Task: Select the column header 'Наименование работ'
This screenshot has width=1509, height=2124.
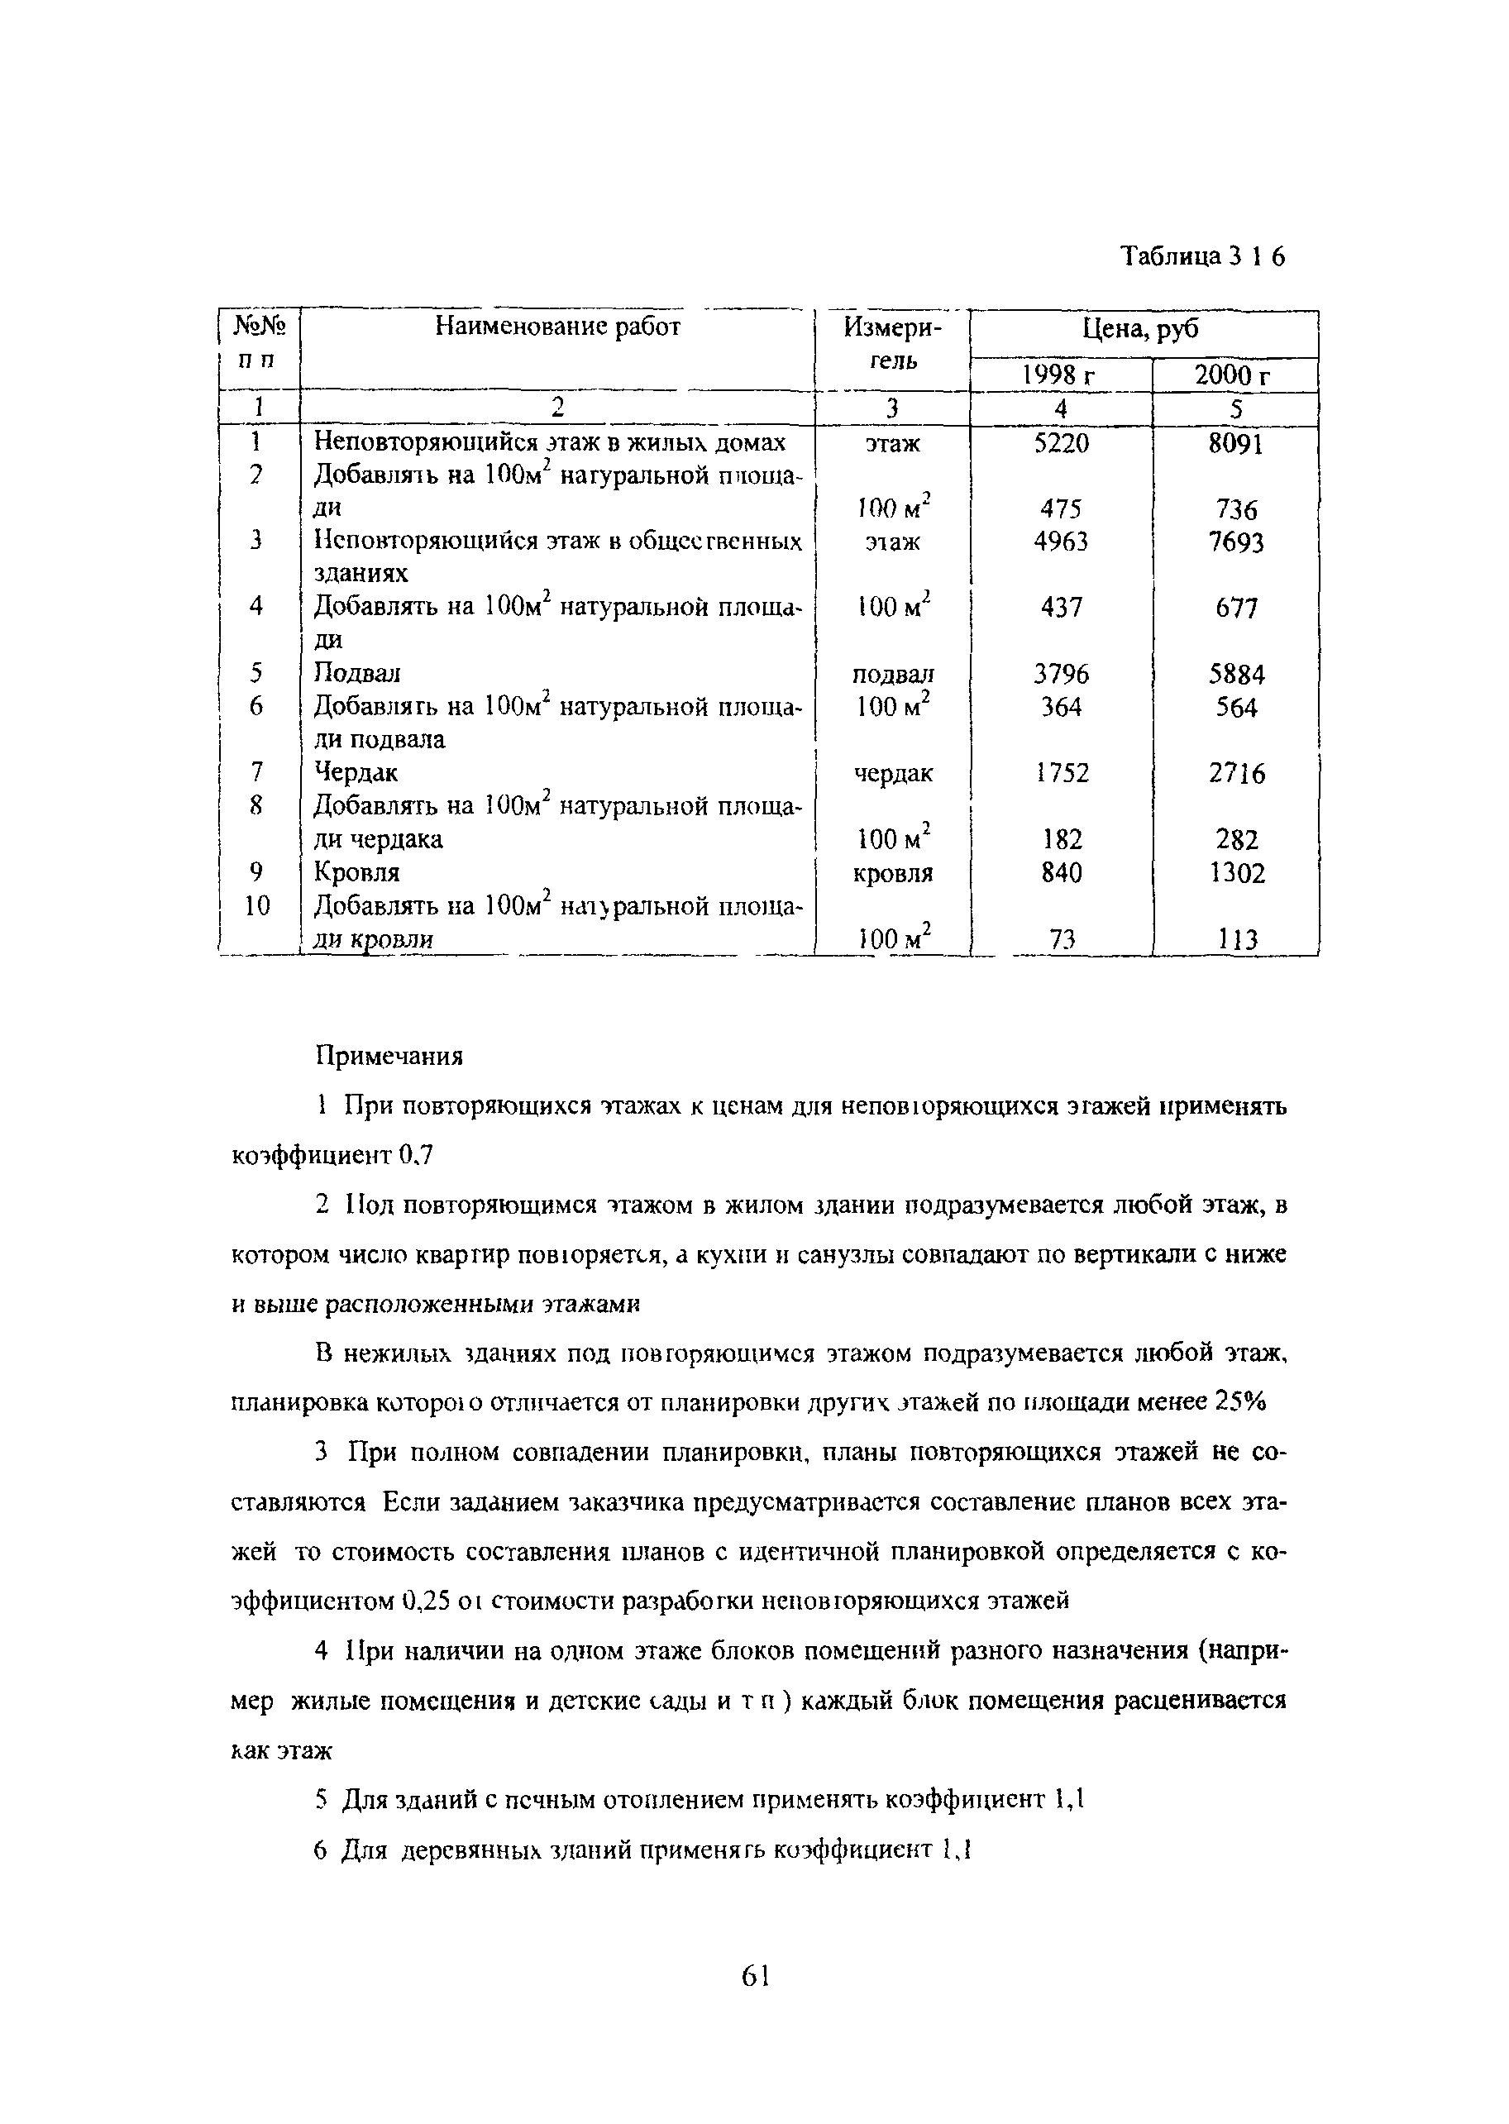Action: click(557, 327)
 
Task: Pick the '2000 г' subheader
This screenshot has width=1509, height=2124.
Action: click(1233, 375)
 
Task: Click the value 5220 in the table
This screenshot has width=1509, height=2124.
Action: click(1060, 444)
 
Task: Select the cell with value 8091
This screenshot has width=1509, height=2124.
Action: click(1236, 444)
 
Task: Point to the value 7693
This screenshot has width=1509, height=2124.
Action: click(1236, 542)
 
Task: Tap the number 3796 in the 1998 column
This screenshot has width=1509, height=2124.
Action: click(1061, 674)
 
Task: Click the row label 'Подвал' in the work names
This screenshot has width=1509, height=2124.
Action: click(357, 673)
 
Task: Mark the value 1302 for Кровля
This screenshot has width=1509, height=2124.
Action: click(1237, 873)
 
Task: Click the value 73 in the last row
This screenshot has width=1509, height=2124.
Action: click(1061, 940)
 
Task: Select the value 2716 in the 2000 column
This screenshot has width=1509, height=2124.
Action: click(1237, 773)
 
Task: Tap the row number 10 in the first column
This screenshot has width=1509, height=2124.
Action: click(256, 905)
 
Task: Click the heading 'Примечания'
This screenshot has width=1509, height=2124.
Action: click(389, 1057)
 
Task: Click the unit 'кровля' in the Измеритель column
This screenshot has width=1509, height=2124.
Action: click(892, 873)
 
